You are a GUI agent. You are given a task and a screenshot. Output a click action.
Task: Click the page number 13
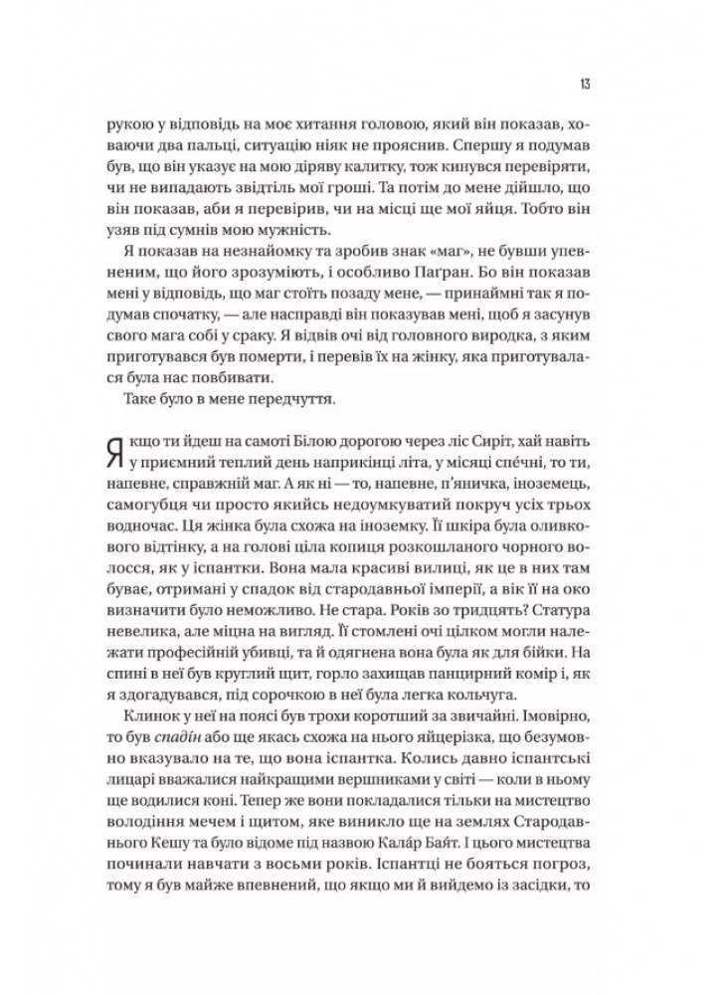tap(588, 81)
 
